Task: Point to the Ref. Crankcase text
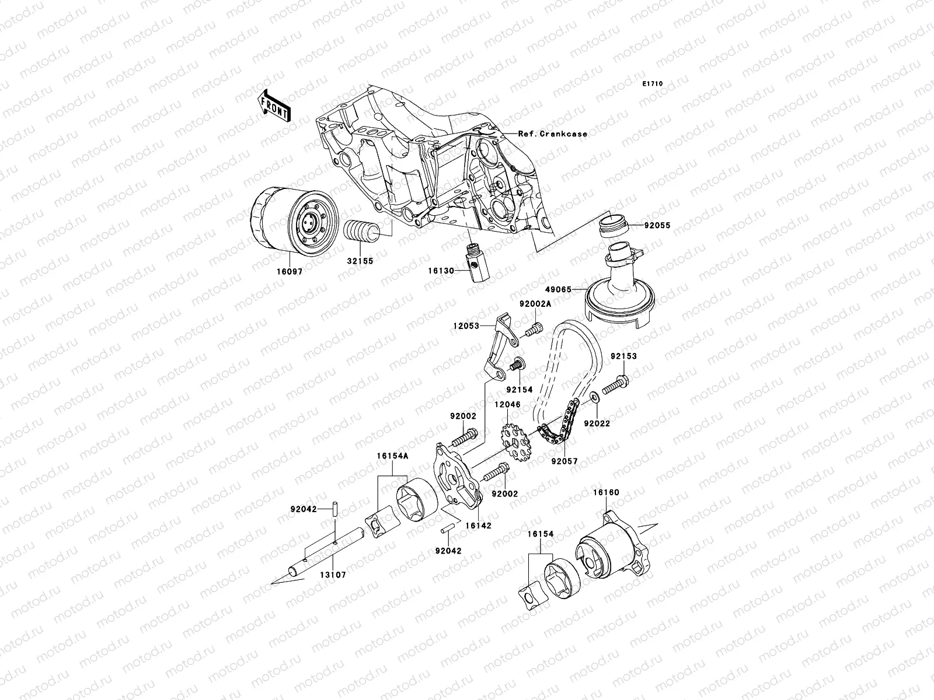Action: click(x=552, y=134)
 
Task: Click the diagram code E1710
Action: click(x=653, y=84)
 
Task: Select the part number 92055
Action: click(x=657, y=225)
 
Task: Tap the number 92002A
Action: click(x=535, y=304)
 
